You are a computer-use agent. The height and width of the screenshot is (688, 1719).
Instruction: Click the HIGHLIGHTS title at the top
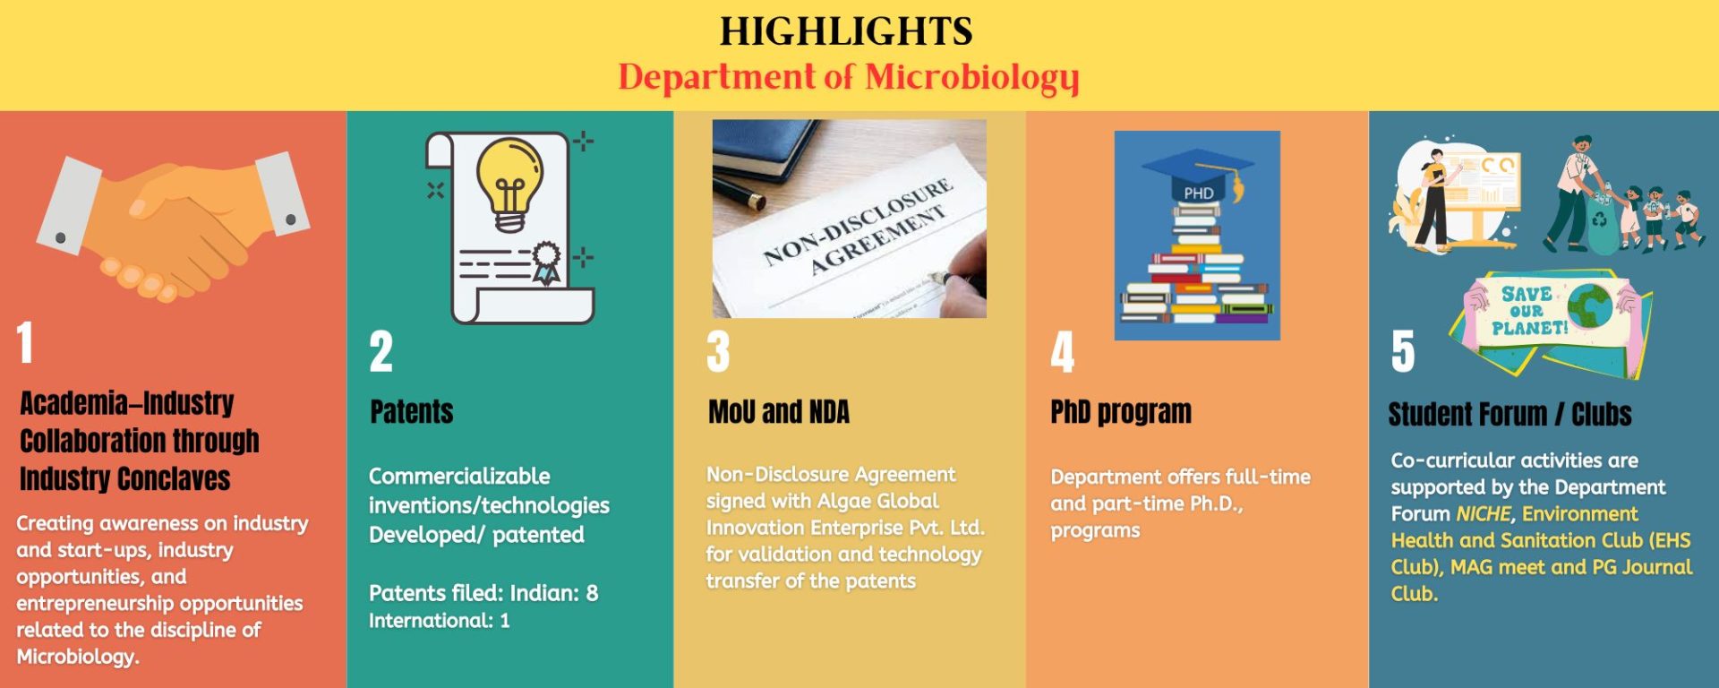[846, 31]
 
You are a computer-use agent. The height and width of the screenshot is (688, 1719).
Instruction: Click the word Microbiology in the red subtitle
[972, 78]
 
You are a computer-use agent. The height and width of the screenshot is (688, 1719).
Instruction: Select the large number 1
[25, 342]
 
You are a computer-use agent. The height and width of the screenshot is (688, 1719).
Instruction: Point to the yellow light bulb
[509, 185]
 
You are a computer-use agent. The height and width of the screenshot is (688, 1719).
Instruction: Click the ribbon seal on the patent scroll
[546, 262]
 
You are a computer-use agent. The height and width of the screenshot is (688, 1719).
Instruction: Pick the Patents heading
[412, 412]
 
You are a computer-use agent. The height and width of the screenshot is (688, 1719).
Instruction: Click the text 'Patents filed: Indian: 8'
[483, 593]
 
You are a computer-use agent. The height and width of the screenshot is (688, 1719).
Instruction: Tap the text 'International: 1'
[439, 621]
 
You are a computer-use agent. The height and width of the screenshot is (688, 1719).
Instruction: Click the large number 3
[718, 351]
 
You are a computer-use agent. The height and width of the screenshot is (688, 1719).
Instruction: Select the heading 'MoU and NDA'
[779, 412]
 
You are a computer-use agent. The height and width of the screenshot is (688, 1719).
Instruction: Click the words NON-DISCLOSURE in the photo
[857, 221]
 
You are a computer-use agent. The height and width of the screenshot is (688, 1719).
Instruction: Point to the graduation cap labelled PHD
[1198, 176]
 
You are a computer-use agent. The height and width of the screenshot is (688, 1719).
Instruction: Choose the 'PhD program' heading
[1121, 412]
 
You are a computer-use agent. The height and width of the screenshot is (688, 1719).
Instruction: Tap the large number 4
[1063, 351]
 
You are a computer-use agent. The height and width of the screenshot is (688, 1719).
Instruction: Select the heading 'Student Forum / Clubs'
[1509, 415]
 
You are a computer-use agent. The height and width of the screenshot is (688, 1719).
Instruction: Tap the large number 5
[1403, 351]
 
